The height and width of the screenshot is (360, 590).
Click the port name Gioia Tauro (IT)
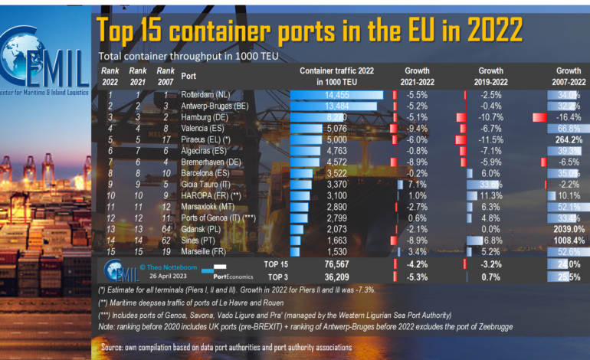point(205,185)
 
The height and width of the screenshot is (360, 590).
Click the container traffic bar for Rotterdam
point(337,94)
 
